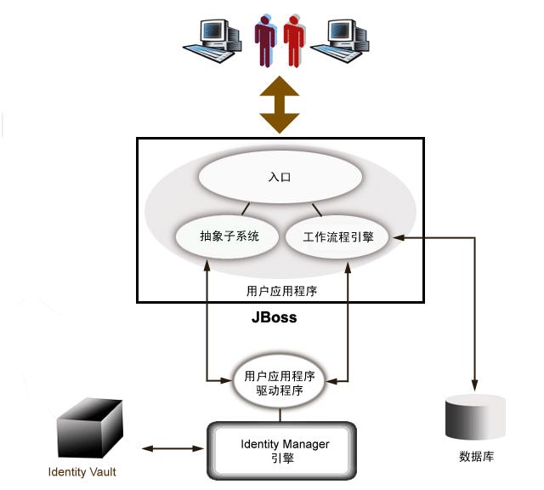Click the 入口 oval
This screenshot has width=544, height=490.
click(x=280, y=179)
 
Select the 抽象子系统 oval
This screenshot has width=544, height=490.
click(x=228, y=236)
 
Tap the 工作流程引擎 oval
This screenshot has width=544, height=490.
click(x=337, y=237)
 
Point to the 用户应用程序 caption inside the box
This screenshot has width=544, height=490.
click(x=281, y=290)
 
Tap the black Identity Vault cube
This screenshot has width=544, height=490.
click(x=86, y=431)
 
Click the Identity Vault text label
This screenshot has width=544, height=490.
click(x=82, y=472)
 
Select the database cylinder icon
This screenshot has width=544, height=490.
click(x=475, y=419)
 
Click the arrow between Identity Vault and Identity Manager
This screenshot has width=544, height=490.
click(x=175, y=447)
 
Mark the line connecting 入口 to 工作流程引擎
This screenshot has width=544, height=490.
click(x=316, y=210)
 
